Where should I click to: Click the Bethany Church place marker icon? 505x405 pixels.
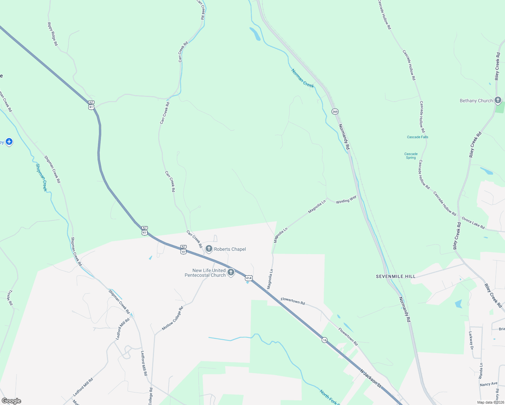(498, 100)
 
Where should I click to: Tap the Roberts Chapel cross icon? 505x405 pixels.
(209, 249)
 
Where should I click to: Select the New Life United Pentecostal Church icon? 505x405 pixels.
(231, 272)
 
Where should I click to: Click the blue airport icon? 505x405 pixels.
(9, 142)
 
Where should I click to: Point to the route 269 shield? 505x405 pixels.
(335, 111)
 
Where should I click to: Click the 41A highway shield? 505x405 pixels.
(249, 278)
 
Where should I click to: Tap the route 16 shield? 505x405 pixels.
(324, 340)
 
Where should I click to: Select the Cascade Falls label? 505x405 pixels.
(418, 137)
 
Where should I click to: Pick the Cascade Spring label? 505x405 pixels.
(411, 156)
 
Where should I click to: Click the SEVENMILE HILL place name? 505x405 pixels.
(396, 276)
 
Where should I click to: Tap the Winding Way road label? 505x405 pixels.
(346, 199)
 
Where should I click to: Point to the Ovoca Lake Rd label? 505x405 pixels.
(473, 223)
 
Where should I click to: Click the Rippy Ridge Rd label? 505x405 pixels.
(53, 34)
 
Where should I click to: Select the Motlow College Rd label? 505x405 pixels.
(172, 318)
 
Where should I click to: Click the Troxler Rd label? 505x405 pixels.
(9, 298)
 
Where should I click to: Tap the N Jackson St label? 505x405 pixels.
(370, 378)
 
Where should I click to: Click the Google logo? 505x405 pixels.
(11, 401)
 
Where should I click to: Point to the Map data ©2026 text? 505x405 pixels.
(490, 402)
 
